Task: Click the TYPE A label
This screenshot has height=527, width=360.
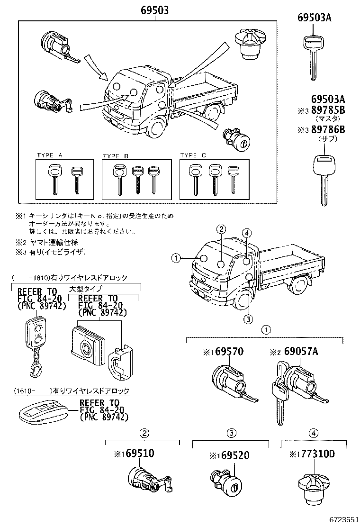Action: [50, 155]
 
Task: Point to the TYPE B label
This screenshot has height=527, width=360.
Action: [116, 156]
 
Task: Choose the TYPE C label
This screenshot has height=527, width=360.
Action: [193, 155]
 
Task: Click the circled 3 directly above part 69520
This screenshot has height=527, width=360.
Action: [231, 432]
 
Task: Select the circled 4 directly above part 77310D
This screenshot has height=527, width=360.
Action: [313, 432]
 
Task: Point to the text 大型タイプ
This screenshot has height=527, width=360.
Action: [86, 289]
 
